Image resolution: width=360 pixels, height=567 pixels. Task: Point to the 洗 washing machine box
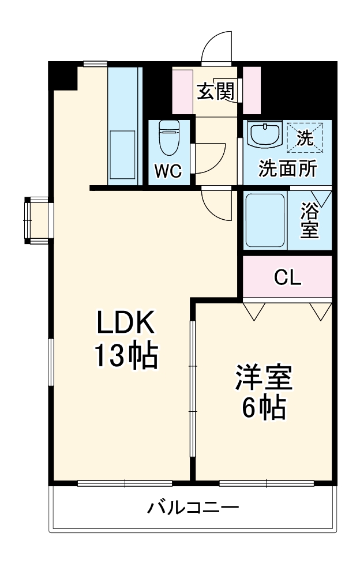(x=306, y=137)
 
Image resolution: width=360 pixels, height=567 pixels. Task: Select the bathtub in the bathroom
(x=265, y=220)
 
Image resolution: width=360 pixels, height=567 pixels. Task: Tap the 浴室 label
(x=310, y=220)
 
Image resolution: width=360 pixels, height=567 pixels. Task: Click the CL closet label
(x=287, y=278)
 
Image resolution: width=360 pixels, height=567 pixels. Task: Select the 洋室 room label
(x=264, y=378)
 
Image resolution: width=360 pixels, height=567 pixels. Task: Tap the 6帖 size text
(x=264, y=408)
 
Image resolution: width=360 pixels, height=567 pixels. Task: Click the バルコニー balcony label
(x=193, y=508)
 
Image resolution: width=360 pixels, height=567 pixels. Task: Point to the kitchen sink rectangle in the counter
(x=122, y=155)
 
